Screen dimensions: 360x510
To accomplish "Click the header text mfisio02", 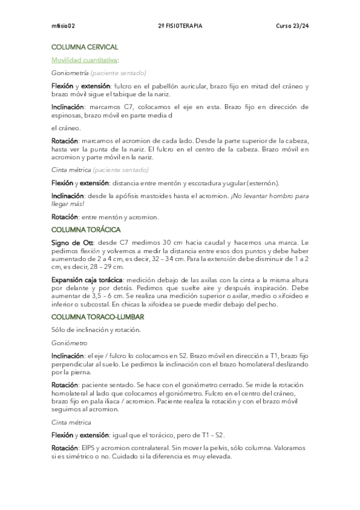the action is coord(63,26).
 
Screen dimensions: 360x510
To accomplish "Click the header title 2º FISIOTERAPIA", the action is coord(180,26).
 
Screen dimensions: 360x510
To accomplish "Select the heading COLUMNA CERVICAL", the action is coord(85,47).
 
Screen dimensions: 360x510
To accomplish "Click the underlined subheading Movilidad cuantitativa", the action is coord(84,60).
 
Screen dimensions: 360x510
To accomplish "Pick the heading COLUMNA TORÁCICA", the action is coord(86,230).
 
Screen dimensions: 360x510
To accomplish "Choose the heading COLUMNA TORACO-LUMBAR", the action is coord(97,316).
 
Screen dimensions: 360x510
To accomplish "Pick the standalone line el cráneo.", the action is coord(66,127).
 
